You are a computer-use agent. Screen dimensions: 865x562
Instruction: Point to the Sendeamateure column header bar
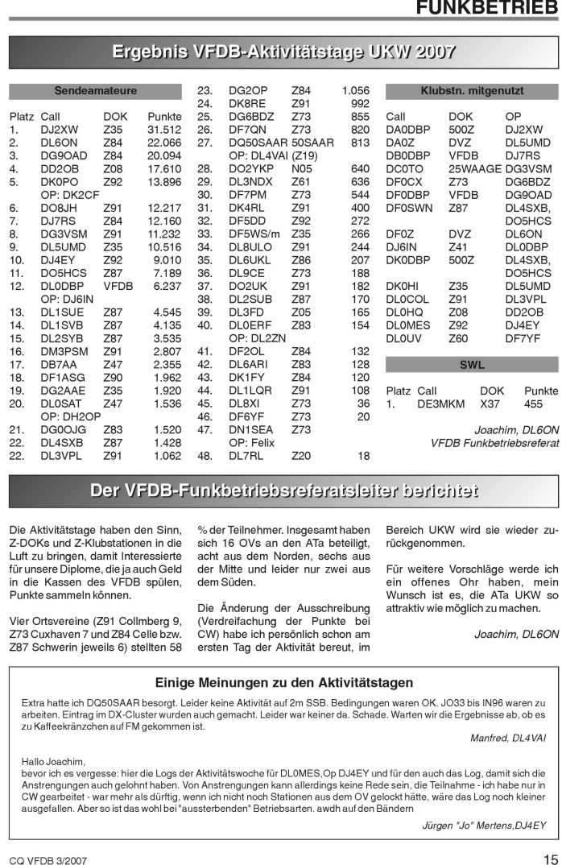[x=95, y=90]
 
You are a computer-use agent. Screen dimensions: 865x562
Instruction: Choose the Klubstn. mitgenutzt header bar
[x=472, y=90]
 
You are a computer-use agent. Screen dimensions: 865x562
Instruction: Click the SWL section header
[x=472, y=365]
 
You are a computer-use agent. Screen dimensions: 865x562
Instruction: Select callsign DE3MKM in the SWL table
[x=439, y=404]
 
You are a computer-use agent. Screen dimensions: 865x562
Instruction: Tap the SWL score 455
[x=533, y=404]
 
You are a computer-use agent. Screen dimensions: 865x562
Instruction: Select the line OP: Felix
[x=253, y=442]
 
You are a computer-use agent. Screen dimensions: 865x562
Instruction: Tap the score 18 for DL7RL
[x=363, y=456]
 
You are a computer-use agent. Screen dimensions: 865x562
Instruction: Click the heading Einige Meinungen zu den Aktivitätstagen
[x=284, y=683]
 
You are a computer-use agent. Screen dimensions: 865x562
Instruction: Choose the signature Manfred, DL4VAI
[x=508, y=737]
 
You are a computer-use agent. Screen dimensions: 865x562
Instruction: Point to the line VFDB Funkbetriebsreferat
[x=494, y=443]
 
